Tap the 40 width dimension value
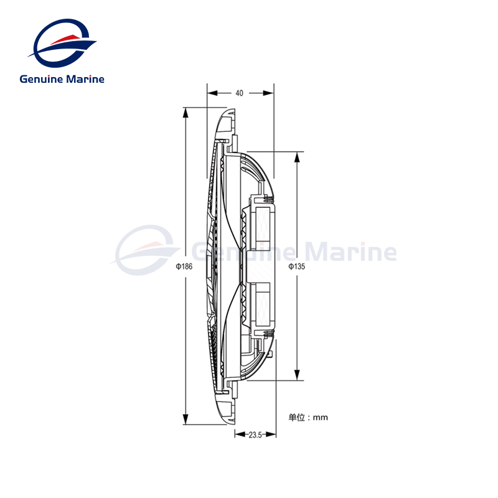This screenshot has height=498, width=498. [240, 93]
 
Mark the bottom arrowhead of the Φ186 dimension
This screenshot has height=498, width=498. [185, 420]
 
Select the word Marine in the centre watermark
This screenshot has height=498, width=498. [355, 253]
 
